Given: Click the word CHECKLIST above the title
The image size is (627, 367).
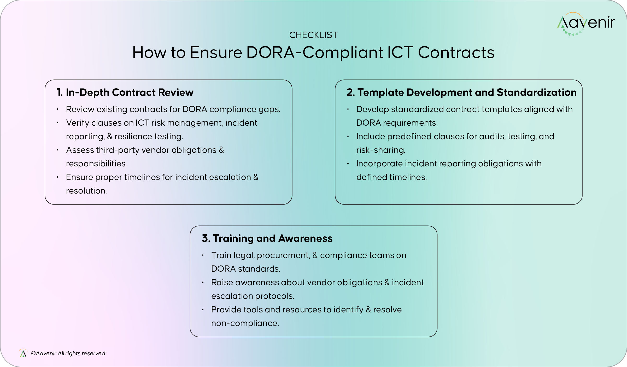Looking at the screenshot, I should coord(313,35).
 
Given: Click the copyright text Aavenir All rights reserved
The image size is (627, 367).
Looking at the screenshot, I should coord(68,353).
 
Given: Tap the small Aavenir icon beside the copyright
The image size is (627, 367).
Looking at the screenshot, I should coord(23,353).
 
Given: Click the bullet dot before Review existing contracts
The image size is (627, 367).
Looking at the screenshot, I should coord(58,109).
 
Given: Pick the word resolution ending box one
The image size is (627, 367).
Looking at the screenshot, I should coord(86,191).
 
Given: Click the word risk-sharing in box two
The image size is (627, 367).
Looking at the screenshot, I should coord(380,150).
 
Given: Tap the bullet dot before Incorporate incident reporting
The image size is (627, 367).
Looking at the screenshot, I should coord(348,164).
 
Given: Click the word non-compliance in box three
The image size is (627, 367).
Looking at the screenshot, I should coord(245,323).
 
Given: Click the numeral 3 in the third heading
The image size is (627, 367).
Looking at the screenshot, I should coord(205,238).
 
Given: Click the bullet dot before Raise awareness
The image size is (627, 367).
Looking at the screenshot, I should coord(203,282).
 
